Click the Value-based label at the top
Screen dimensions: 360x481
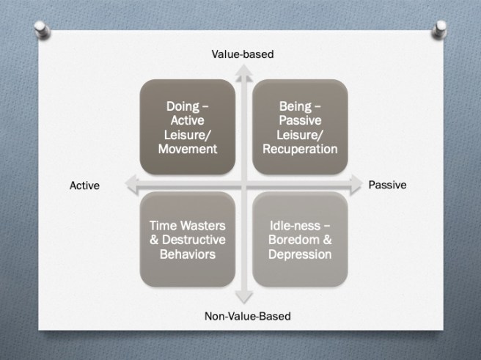tap(242, 54)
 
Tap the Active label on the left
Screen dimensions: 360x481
tap(84, 185)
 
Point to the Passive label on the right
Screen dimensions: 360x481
tap(386, 185)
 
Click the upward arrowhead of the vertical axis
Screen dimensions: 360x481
tap(242, 69)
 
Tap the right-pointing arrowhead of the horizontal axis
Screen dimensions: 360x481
tap(354, 182)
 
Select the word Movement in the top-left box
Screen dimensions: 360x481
tap(188, 148)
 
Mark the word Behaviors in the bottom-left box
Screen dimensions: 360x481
tap(188, 254)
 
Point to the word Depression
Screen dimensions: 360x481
tap(299, 254)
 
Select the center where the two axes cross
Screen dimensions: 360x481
tap(242, 183)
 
